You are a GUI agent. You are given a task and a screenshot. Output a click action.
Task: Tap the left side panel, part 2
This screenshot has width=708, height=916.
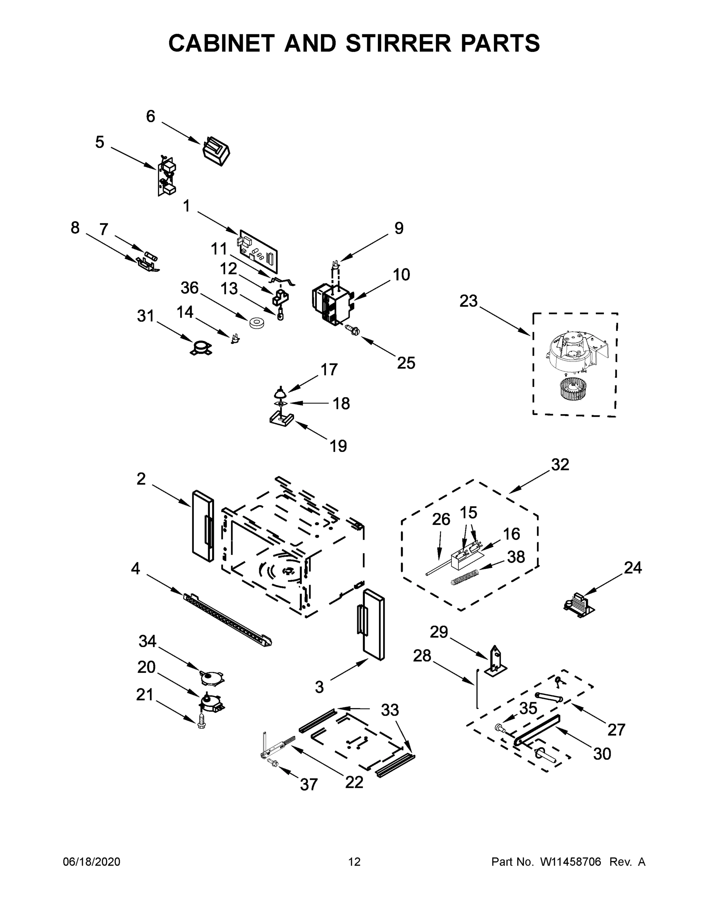pyautogui.click(x=203, y=526)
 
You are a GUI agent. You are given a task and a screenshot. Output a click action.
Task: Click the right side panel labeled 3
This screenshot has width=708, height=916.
pyautogui.click(x=373, y=623)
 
